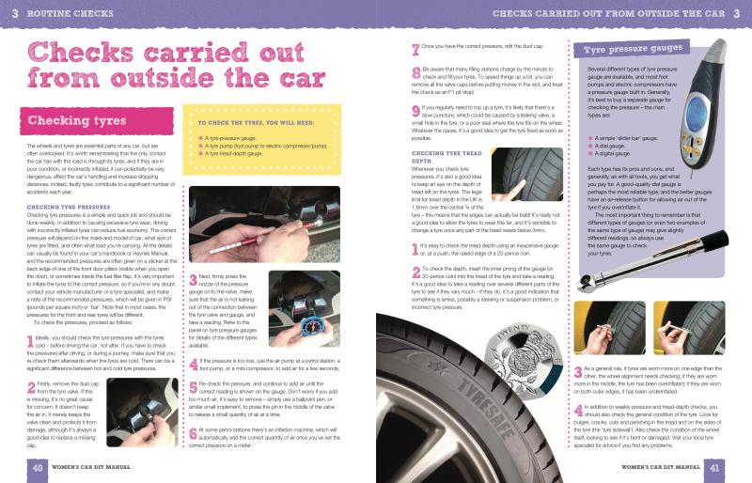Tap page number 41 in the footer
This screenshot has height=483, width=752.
tap(714, 467)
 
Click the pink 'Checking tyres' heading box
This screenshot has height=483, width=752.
tap(71, 148)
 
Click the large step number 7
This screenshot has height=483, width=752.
tap(415, 48)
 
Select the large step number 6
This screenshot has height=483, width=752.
tap(193, 434)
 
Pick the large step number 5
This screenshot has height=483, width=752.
tap(193, 387)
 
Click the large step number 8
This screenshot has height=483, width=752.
tap(415, 72)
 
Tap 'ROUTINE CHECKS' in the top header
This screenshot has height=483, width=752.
tap(66, 14)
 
